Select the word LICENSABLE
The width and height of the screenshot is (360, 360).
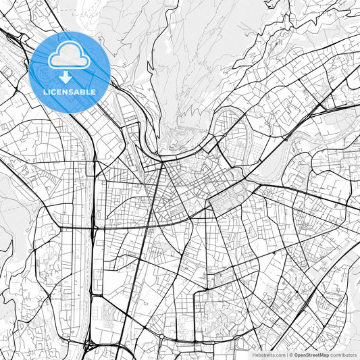(70, 91)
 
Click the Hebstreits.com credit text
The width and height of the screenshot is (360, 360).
(268, 355)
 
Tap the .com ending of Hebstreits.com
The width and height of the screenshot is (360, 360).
(280, 355)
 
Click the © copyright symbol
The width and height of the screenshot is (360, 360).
(292, 355)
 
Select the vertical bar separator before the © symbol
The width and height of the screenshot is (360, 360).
(287, 355)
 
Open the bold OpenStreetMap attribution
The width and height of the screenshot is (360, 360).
(311, 355)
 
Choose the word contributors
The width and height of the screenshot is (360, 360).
(343, 355)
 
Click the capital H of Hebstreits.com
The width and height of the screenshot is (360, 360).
(255, 355)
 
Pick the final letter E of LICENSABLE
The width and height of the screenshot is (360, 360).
(94, 91)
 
